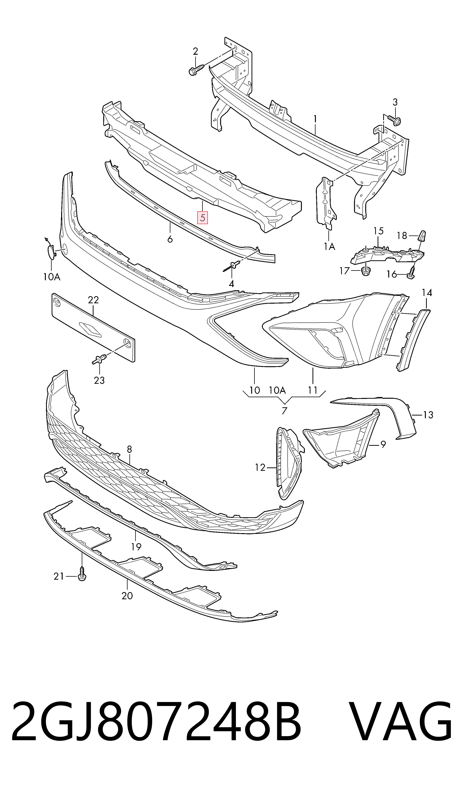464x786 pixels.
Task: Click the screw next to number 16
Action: [x=411, y=273]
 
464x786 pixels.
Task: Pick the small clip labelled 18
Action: [x=422, y=236]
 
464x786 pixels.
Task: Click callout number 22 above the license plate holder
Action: [x=93, y=300]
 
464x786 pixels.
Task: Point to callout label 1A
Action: [x=329, y=247]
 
